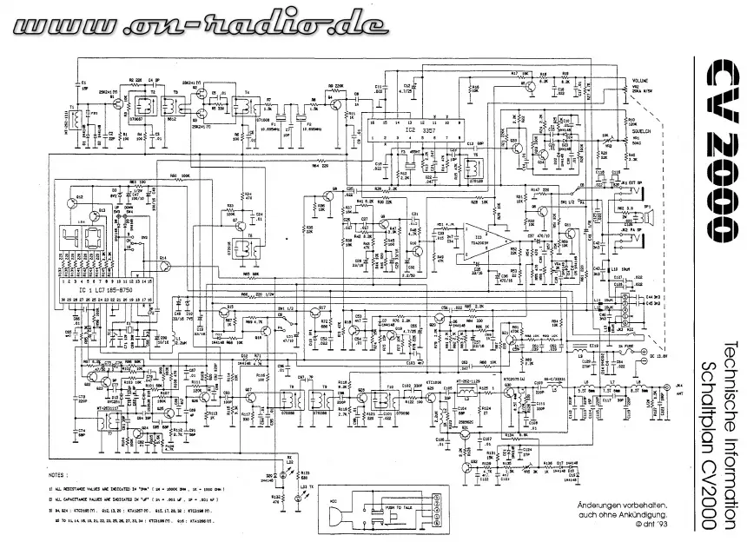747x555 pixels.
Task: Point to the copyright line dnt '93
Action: coord(631,525)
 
